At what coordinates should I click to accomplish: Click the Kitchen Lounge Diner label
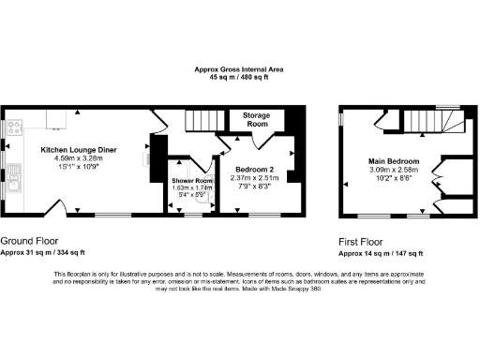click(x=79, y=149)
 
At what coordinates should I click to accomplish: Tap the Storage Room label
click(x=256, y=119)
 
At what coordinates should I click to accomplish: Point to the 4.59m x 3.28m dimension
click(x=79, y=158)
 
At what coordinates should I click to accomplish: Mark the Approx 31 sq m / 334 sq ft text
click(x=43, y=252)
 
